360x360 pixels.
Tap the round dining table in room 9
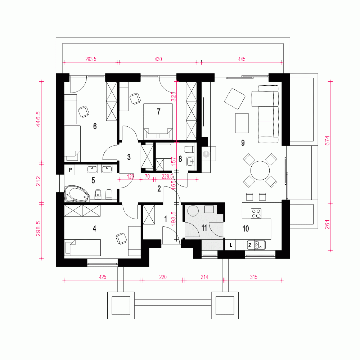coord(260,170)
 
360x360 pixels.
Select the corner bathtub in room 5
coord(76,194)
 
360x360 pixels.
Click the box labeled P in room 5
coord(70,169)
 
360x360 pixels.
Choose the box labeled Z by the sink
coord(249,245)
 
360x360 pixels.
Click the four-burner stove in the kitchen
coord(256,213)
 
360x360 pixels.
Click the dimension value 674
coord(327,140)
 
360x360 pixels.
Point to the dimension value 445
coord(241,59)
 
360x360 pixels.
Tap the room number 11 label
coord(204,228)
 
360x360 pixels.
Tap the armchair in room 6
coord(84,112)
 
